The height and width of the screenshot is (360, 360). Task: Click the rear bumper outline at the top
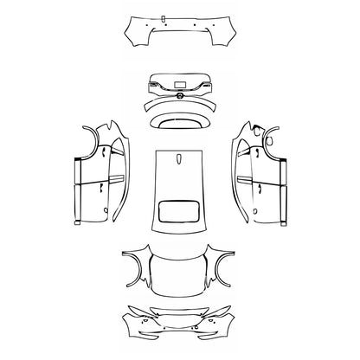pyautogui.click(x=179, y=35)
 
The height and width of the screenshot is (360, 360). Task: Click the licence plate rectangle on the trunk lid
pyautogui.click(x=181, y=84)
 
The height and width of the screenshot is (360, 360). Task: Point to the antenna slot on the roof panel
pyautogui.click(x=179, y=157)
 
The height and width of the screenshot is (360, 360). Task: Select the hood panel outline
pyautogui.click(x=179, y=273)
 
